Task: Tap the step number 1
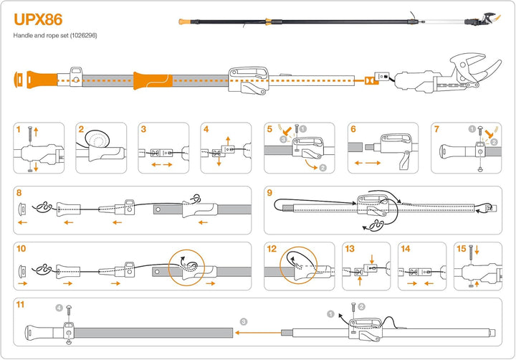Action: (19, 129)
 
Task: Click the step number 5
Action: (269, 129)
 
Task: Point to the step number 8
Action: (19, 193)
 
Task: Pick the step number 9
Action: (269, 193)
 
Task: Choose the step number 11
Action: (21, 305)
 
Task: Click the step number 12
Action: (272, 249)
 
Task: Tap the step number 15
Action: (461, 249)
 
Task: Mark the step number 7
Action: (437, 129)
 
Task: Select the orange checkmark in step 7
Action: (489, 133)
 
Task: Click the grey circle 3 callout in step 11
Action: (244, 321)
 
